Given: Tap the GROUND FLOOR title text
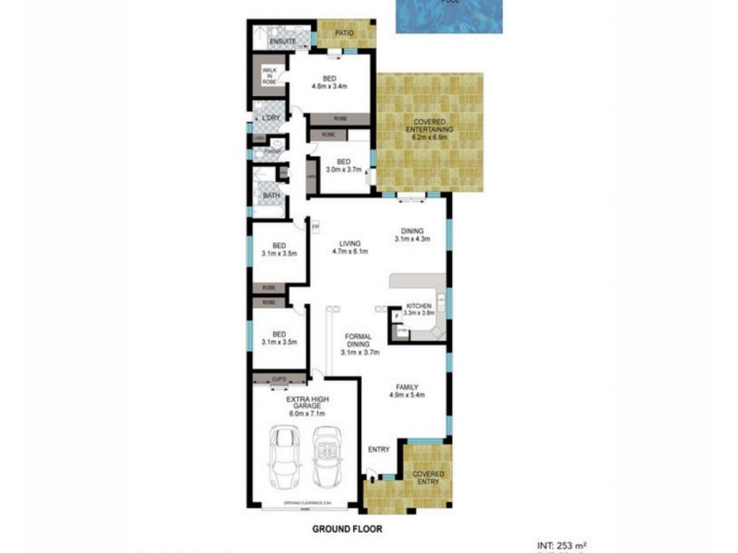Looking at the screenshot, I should pyautogui.click(x=346, y=530).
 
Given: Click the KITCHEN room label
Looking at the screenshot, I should pyautogui.click(x=418, y=305).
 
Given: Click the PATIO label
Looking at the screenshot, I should pyautogui.click(x=345, y=34).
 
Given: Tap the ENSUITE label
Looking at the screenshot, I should pyautogui.click(x=282, y=42).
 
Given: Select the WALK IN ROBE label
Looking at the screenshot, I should pyautogui.click(x=269, y=76).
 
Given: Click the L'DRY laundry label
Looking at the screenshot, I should pyautogui.click(x=270, y=119).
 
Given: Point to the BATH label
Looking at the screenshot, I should pyautogui.click(x=270, y=195).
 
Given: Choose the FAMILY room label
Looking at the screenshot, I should pyautogui.click(x=407, y=387).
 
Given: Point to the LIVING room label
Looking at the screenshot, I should pyautogui.click(x=349, y=243).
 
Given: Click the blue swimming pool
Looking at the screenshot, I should pyautogui.click(x=451, y=16).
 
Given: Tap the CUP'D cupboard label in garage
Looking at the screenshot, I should pyautogui.click(x=277, y=378).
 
